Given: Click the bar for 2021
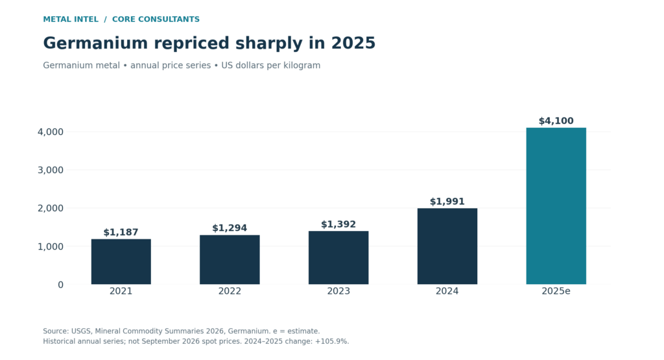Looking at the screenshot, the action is pos(121,262).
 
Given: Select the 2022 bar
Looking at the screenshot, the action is pos(230,259).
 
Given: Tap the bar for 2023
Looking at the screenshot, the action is pos(338,258).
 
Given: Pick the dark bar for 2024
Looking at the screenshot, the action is pos(447,246).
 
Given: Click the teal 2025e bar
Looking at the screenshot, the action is pos(556,206).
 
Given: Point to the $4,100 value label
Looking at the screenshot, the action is pos(556,121).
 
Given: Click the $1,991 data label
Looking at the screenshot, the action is pos(447,202).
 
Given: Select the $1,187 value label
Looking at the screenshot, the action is pos(121,232).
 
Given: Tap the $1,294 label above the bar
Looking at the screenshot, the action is pos(230,228).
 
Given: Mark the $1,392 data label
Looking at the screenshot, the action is pos(338,224).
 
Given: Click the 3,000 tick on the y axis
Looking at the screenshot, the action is pos(51,170).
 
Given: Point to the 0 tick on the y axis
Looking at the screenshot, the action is pos(60,285).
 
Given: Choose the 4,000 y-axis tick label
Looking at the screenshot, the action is pos(51,132).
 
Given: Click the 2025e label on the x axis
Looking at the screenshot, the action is pos(556,291).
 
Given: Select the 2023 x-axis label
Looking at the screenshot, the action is pos(338,291).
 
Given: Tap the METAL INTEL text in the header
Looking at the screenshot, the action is pos(71,19).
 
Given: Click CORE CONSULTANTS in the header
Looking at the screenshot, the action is pos(156,19).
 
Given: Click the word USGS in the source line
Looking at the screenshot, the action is pos(80,331).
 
